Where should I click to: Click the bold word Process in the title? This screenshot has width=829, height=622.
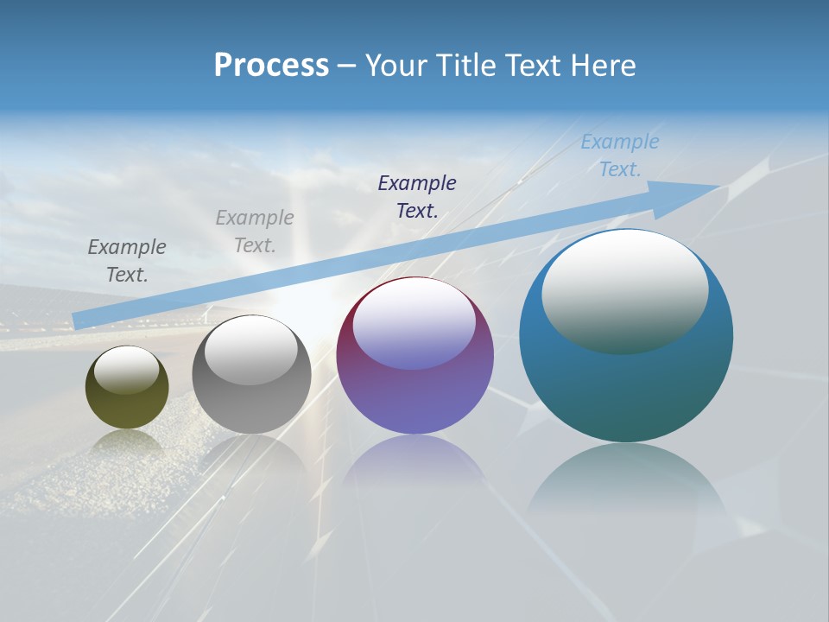click(271, 66)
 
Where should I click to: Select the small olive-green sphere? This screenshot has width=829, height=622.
click(127, 406)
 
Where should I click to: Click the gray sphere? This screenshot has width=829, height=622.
click(251, 406)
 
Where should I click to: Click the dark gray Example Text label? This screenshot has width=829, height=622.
click(127, 260)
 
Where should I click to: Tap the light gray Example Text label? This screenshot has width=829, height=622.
click(255, 231)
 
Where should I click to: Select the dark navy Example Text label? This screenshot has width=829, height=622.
click(417, 196)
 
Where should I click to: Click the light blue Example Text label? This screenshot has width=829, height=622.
click(620, 155)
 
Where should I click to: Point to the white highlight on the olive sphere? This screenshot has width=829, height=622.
click(127, 370)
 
